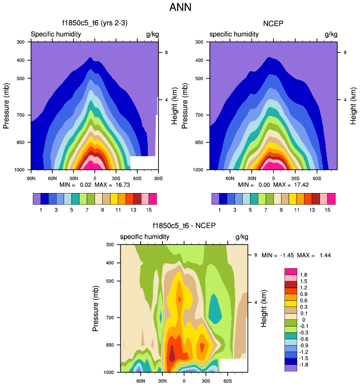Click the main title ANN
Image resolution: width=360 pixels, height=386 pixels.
(x=180, y=8)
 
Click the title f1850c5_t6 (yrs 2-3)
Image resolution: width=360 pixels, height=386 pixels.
(x=94, y=23)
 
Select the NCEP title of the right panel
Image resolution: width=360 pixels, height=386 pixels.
(x=273, y=23)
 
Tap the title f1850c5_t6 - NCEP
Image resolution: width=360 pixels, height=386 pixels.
(x=184, y=226)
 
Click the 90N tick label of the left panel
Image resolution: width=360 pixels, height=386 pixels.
(x=32, y=178)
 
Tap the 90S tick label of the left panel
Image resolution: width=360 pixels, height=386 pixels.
(x=158, y=178)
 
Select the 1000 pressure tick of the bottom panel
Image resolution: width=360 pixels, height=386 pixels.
(x=108, y=372)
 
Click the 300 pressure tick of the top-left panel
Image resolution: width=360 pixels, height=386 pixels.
(x=20, y=42)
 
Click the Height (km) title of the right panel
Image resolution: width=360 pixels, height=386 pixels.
(x=352, y=106)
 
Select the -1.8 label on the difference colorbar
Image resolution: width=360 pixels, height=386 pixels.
(x=304, y=365)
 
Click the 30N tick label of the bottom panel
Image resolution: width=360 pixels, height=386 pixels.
(x=162, y=380)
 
